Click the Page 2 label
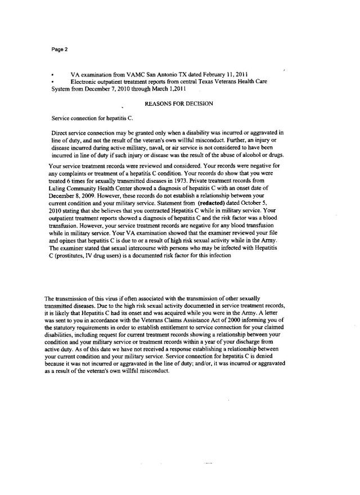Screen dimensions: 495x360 [59, 49]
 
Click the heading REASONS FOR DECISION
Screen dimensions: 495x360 [179, 104]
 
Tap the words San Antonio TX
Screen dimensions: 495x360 [155, 75]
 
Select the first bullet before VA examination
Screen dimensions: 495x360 [52, 75]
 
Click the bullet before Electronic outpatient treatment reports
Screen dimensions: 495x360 [52, 82]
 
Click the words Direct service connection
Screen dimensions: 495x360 [83, 133]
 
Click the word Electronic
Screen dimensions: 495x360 [84, 82]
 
